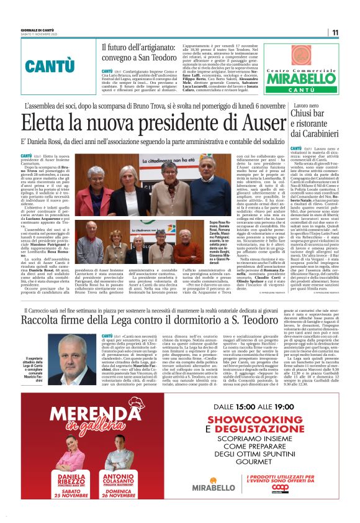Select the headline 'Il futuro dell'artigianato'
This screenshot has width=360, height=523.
coord(139,46)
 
